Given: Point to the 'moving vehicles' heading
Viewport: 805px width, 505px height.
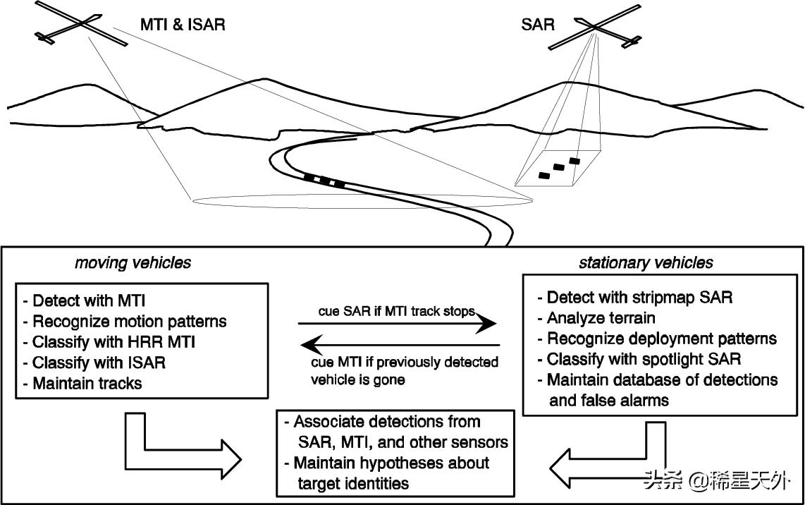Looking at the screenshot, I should pyautogui.click(x=133, y=263).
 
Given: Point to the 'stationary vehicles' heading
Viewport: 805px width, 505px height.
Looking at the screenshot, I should pyautogui.click(x=646, y=263).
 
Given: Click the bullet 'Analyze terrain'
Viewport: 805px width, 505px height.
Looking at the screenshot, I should pyautogui.click(x=596, y=317).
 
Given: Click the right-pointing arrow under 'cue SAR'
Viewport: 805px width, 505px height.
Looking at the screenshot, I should pyautogui.click(x=398, y=324).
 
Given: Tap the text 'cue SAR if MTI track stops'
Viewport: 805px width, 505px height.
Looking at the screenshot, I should pyautogui.click(x=396, y=310).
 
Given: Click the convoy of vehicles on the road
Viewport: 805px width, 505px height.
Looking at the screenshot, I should pyautogui.click(x=324, y=180).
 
